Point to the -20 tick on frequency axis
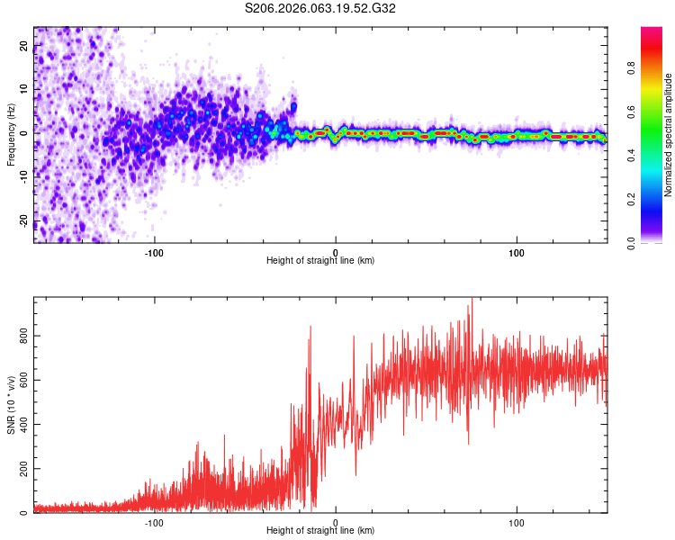(x=24, y=220)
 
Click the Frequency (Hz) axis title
(x=11, y=134)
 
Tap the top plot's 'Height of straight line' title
(x=321, y=261)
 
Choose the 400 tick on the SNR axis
(x=24, y=425)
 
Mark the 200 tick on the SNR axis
(x=24, y=470)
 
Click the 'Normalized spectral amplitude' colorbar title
(x=668, y=134)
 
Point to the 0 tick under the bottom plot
(x=336, y=523)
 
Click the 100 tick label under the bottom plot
(x=517, y=523)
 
